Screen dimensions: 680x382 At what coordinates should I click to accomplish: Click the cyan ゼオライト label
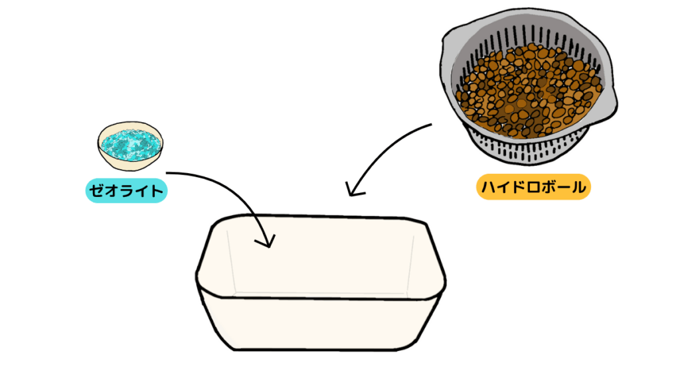126,190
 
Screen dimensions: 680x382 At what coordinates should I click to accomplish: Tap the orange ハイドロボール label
533,187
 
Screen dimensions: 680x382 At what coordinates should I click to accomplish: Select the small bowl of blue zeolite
130,145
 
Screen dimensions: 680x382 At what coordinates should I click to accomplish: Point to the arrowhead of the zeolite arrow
266,241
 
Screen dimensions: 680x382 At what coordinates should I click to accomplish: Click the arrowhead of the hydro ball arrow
353,190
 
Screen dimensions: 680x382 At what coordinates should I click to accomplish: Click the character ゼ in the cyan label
96,190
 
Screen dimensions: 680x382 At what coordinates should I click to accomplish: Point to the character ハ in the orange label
489,187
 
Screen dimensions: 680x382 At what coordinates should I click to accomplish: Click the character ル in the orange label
578,187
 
